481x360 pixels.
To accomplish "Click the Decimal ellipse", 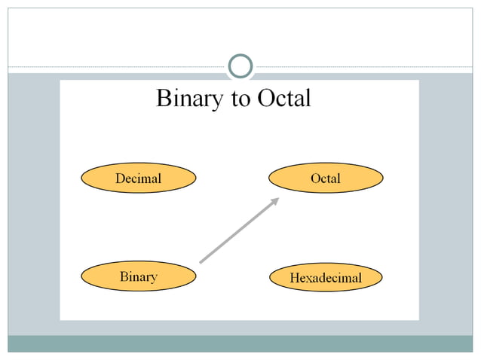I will pyautogui.click(x=138, y=178).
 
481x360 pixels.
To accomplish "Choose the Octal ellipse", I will pyautogui.click(x=326, y=178).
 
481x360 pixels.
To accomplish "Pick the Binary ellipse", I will pyautogui.click(x=138, y=276).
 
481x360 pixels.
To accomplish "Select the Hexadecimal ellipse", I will pyautogui.click(x=326, y=278).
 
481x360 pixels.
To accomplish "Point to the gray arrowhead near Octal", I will pyautogui.click(x=275, y=200).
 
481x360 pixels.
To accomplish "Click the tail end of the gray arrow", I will pyautogui.click(x=201, y=262).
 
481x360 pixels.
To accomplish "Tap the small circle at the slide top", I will pyautogui.click(x=240, y=66).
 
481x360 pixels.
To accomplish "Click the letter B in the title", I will pyautogui.click(x=163, y=99).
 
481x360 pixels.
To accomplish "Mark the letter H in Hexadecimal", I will pyautogui.click(x=295, y=278).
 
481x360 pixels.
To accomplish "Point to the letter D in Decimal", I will pyautogui.click(x=120, y=178).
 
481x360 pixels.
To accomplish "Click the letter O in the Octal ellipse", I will pyautogui.click(x=315, y=178).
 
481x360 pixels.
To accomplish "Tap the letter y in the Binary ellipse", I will pyautogui.click(x=154, y=278).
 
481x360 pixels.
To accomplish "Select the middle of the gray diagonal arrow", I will pyautogui.click(x=238, y=230).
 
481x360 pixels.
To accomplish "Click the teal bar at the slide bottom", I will pyautogui.click(x=240, y=343).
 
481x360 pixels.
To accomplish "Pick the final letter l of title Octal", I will pyautogui.click(x=308, y=98).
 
